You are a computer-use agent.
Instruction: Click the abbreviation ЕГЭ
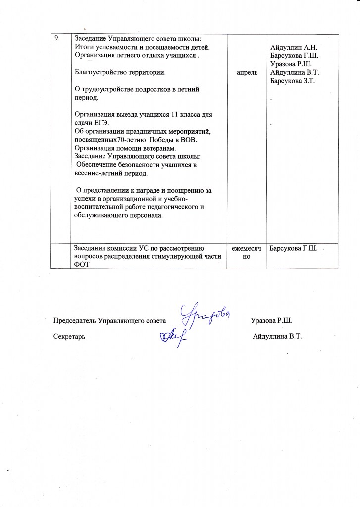104,123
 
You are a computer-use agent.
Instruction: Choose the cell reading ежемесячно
247,252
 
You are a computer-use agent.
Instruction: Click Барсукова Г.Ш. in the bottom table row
293,248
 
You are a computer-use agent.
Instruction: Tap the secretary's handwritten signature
173,336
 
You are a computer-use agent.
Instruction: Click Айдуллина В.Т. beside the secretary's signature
277,337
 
